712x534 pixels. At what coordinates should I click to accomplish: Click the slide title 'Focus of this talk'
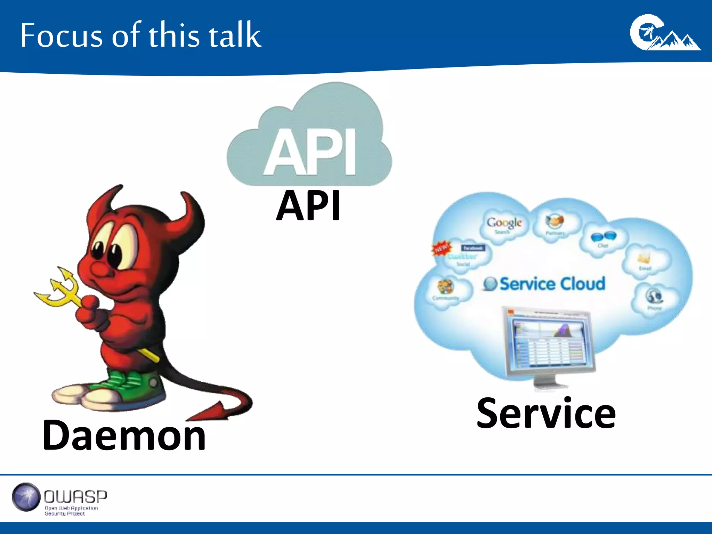tap(140, 35)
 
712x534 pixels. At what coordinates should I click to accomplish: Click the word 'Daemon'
tap(124, 435)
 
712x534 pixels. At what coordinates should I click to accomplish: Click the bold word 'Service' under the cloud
tap(546, 414)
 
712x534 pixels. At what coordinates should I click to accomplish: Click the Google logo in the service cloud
tap(504, 222)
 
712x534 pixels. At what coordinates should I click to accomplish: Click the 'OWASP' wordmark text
tap(75, 496)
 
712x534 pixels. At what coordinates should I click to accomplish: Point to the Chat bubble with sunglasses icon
tap(604, 236)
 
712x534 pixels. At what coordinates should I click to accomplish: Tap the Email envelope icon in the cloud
tap(644, 258)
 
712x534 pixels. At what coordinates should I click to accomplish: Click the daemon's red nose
tap(99, 268)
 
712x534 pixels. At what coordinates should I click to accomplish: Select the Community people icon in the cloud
tap(445, 286)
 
